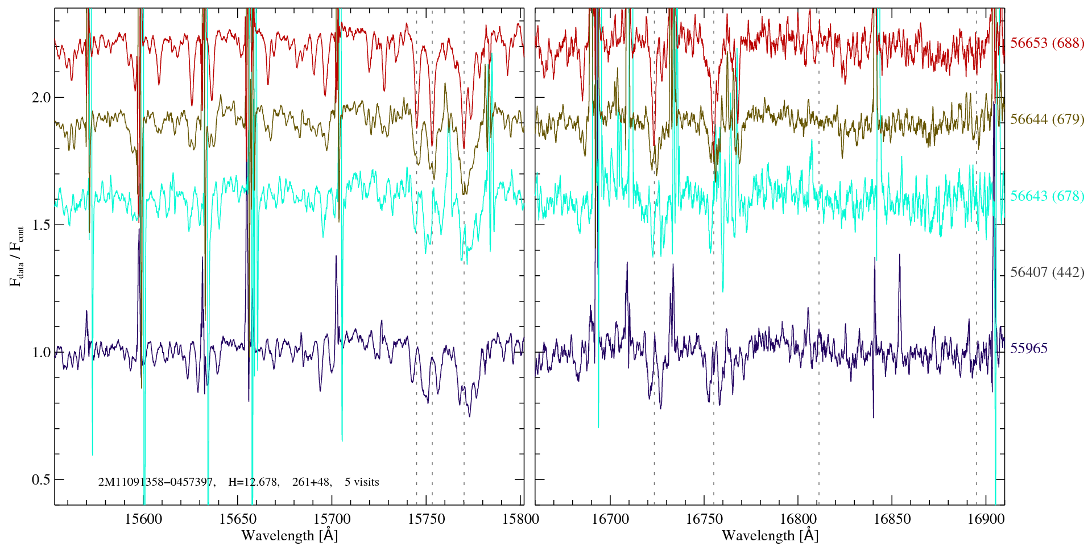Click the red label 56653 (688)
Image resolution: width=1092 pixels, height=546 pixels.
(1047, 43)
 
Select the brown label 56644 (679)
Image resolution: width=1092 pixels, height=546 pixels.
(1047, 119)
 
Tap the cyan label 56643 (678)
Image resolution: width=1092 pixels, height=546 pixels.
(1047, 196)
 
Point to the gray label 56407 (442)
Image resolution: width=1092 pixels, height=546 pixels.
(1047, 272)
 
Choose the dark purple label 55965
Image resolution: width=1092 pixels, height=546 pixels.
(1028, 349)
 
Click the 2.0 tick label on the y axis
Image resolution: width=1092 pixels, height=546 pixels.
(41, 97)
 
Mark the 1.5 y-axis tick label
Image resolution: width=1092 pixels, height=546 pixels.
(41, 225)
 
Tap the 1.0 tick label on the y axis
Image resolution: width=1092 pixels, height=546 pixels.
(41, 352)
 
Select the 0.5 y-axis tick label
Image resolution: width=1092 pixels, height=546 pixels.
(41, 479)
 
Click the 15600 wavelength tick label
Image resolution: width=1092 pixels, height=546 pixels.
(143, 519)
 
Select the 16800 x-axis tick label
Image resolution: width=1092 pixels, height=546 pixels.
(797, 519)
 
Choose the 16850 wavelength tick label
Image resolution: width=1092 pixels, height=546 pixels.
(892, 519)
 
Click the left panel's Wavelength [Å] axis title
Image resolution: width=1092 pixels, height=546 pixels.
(289, 536)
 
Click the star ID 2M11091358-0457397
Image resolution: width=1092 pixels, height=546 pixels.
(156, 482)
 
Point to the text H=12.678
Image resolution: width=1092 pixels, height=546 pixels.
(253, 482)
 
